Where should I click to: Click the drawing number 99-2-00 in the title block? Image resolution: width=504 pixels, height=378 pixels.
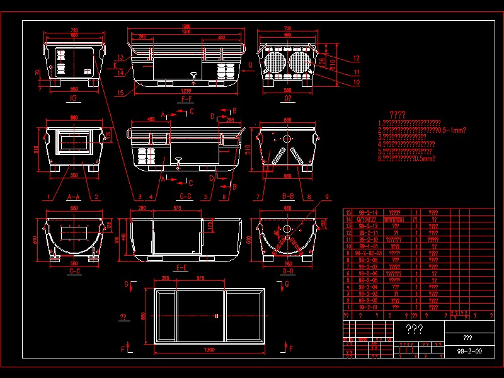(469, 350)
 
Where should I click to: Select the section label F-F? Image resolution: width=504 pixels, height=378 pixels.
(186, 99)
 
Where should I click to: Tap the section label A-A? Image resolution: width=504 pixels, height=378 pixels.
(74, 197)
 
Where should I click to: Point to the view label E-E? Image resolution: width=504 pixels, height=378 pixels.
(181, 268)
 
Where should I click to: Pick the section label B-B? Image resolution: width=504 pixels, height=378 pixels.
(289, 197)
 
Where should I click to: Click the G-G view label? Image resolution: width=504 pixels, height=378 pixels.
(186, 197)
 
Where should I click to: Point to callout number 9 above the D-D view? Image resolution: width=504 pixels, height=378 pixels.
(327, 197)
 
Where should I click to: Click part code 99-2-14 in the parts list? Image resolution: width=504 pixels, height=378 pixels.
(368, 212)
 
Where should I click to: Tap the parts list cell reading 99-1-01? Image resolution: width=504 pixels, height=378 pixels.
(368, 246)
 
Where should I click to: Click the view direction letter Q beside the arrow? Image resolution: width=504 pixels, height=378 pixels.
(250, 64)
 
